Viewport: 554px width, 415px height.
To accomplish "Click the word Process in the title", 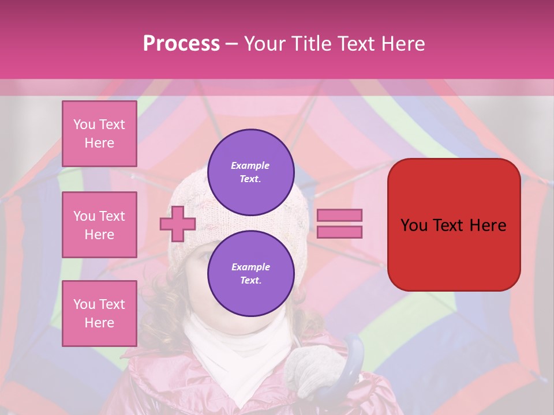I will (181, 43).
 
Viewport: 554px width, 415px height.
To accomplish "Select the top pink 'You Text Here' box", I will (99, 134).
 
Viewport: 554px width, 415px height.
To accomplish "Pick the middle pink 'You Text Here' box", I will (99, 225).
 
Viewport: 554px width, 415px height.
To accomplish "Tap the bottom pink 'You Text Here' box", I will (99, 314).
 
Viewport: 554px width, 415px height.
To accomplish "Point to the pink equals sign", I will (340, 224).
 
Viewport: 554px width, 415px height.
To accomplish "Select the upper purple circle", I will (251, 172).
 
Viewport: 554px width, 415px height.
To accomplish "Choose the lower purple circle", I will (251, 274).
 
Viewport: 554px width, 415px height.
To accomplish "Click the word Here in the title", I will (403, 43).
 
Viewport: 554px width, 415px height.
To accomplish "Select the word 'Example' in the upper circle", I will (250, 165).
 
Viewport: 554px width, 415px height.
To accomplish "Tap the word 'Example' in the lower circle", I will (250, 267).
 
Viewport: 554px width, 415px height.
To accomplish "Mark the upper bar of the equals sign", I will (340, 216).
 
